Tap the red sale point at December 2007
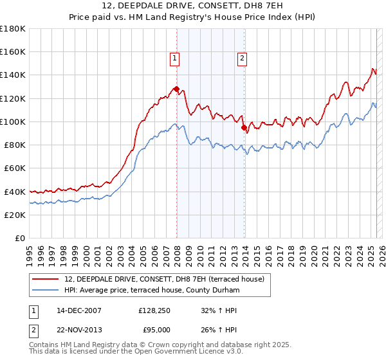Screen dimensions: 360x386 tap(176, 89)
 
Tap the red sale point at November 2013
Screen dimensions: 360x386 tap(244, 127)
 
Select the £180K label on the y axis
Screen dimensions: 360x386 tap(13, 28)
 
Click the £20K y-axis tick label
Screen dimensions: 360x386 tap(15, 215)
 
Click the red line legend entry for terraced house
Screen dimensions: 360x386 tap(169, 279)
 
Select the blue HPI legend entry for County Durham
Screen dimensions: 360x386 tap(152, 291)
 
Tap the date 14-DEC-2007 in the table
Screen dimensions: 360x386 tap(79, 310)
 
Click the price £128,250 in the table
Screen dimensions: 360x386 tap(154, 310)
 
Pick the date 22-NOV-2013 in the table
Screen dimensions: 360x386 tap(79, 330)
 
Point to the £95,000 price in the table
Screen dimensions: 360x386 tap(156, 330)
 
